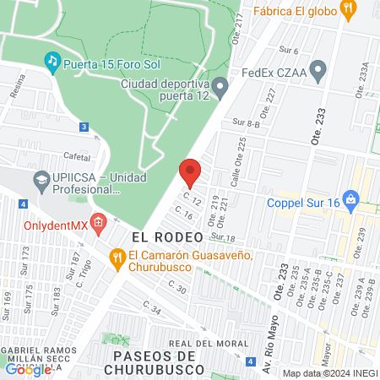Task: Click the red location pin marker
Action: [x=191, y=172]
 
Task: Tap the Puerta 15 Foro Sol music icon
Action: [x=52, y=61]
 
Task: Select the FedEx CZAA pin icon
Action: [x=318, y=72]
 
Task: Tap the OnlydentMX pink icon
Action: [x=99, y=225]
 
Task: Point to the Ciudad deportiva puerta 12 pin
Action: [x=220, y=84]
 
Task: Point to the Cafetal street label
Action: [x=76, y=156]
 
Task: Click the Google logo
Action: [x=27, y=369]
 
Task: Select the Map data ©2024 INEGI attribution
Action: [x=329, y=373]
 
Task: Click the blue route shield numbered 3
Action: [x=83, y=127]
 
